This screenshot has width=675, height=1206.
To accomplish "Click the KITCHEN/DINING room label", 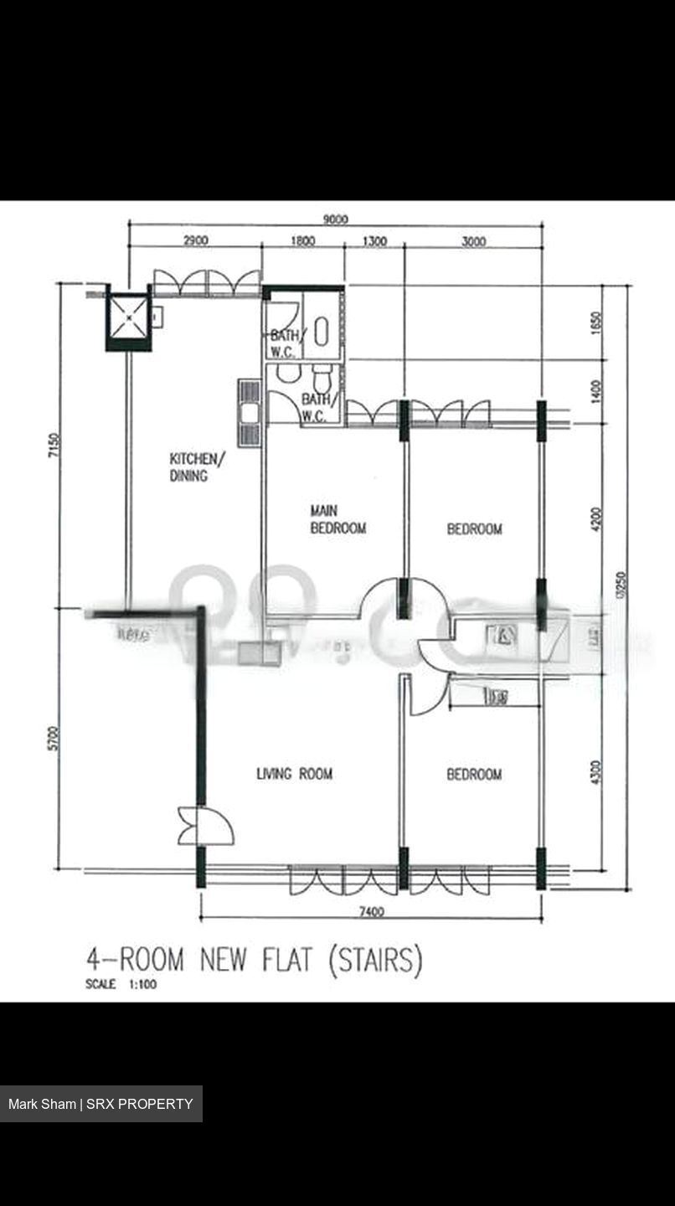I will pos(197,467).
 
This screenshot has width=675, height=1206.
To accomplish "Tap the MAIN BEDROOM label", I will pos(337,519).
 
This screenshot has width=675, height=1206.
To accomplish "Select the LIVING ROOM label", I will pos(294,774).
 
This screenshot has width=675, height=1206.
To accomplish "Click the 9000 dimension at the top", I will pos(335,219).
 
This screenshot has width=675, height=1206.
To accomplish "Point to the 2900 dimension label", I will pos(195,241).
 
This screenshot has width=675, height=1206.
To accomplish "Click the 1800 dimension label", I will pos(302,241).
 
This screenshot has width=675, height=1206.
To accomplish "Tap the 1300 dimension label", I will pos(374,241).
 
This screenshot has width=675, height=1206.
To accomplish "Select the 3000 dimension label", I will pos(473,241).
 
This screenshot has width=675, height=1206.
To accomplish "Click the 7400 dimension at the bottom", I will pos(371,912).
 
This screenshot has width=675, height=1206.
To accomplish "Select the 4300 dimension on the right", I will pos(595,772).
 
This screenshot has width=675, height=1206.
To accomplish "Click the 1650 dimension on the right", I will pos(595,323).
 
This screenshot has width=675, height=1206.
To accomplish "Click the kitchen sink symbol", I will pos(250,413).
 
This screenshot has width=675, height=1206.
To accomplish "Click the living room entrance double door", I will pos(194,826).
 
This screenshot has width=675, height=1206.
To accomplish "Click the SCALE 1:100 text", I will pos(121,985).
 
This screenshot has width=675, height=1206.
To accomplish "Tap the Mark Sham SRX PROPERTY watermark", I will pos(100,1104).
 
